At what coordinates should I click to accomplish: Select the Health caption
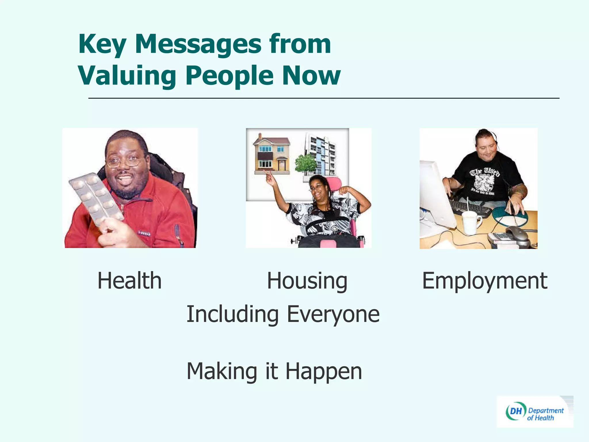[129, 281]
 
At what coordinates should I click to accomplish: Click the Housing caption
[307, 281]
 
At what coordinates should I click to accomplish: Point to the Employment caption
[485, 281]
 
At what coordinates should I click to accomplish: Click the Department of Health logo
[535, 412]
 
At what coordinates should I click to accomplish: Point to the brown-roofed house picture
[271, 155]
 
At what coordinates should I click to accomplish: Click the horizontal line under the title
[324, 98]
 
